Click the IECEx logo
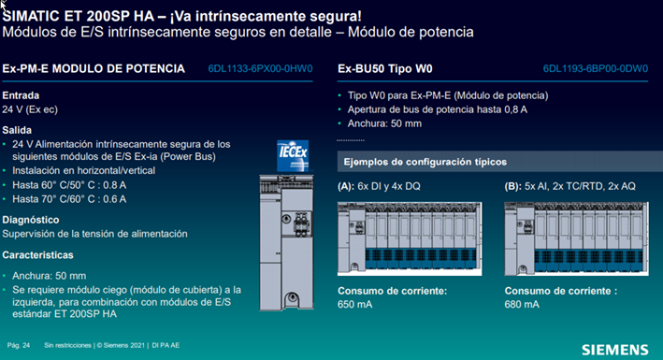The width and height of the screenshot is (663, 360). pos(293,155)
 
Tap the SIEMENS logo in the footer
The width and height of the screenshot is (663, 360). pos(614,350)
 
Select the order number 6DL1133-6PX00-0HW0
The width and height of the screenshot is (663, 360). pos(260,68)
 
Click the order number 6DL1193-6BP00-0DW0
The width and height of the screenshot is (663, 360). pos(596,68)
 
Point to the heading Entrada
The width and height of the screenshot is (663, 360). pos(21,95)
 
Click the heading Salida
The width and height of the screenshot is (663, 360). pos(17,130)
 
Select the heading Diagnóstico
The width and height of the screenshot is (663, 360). pos(31,220)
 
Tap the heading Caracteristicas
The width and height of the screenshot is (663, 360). pos(37,255)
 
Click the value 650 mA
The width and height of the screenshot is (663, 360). pos(354,305)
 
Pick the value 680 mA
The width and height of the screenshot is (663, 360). pos(522,305)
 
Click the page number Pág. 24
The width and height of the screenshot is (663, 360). pos(19,346)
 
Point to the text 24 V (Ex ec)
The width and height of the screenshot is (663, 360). pos(30,109)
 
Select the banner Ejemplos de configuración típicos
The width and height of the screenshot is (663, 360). pos(499,162)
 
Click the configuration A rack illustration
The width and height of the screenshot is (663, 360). pos(410,238)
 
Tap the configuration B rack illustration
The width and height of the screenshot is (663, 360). pos(576,238)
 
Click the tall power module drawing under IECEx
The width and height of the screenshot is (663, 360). pos(286,243)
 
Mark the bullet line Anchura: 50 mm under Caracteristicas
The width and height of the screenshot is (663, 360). pos(49,276)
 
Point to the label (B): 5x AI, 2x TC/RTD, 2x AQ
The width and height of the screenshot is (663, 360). pos(570,186)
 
